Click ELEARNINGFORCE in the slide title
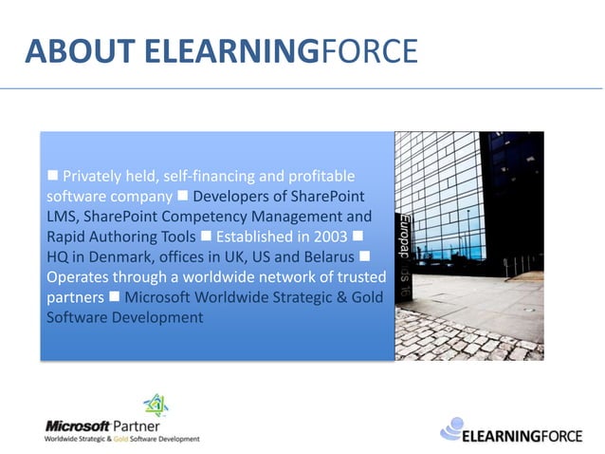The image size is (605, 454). click(281, 51)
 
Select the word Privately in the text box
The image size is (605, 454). click(97, 176)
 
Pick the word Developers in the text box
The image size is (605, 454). click(232, 196)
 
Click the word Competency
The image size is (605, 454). click(199, 217)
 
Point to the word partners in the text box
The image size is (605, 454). click(75, 296)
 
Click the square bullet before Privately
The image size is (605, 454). click(54, 176)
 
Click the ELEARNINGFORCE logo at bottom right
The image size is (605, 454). click(504, 433)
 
